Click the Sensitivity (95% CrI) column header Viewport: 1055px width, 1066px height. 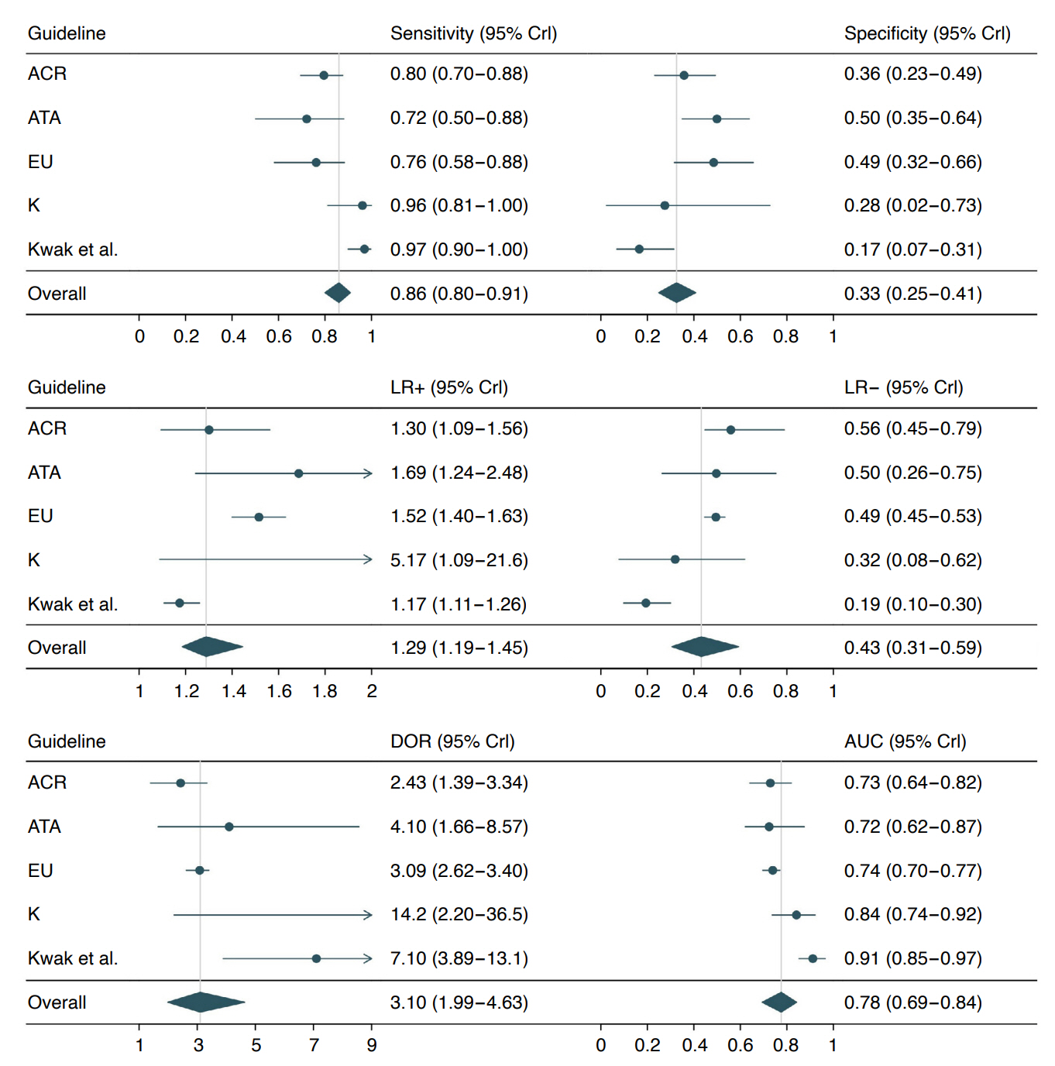tap(473, 33)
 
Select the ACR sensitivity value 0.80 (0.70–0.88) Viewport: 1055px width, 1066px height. tap(459, 74)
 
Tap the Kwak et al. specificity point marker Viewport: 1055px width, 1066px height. tap(639, 249)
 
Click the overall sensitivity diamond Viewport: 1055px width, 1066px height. tap(338, 293)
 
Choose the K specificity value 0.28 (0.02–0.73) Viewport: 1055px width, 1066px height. tap(912, 205)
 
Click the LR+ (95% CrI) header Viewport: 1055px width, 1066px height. tap(448, 387)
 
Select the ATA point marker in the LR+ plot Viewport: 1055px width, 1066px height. tap(299, 473)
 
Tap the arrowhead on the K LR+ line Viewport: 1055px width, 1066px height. tap(368, 559)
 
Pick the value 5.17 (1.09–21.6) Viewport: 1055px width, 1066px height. tap(459, 560)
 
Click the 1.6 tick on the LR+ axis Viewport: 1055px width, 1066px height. tap(279, 691)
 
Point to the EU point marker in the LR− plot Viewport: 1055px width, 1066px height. tap(716, 517)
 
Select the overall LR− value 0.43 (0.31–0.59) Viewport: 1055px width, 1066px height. tap(912, 648)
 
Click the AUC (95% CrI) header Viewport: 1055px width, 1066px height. tap(905, 741)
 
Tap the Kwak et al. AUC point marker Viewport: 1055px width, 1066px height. tap(813, 959)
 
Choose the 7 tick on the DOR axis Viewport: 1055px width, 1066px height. tap(314, 1045)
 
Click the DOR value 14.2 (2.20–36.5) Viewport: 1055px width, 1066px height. tap(459, 914)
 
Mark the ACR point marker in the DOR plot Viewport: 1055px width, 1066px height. tap(180, 783)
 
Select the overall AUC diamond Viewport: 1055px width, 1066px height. tap(779, 1002)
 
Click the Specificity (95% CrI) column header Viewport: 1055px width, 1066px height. tap(926, 33)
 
